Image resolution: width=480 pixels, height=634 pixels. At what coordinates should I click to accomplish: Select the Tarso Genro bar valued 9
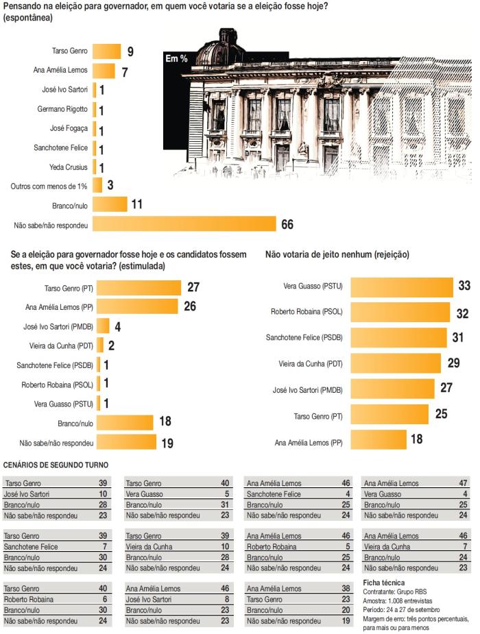click(106, 51)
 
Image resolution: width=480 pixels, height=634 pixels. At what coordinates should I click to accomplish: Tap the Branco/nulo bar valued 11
click(110, 204)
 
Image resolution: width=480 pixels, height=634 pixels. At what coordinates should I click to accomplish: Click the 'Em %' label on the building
click(176, 59)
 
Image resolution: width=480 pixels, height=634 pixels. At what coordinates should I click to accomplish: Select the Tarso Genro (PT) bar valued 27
click(139, 287)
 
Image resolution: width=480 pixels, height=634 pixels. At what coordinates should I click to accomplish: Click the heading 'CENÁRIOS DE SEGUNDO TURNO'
click(56, 465)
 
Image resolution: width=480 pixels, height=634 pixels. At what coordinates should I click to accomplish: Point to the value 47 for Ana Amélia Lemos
click(462, 484)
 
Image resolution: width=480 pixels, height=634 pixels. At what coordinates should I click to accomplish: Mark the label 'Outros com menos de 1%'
click(47, 186)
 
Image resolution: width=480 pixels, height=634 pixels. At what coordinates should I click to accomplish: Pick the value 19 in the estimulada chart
click(167, 443)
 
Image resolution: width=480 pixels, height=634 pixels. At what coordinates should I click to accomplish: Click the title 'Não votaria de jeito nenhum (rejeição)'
click(337, 254)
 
